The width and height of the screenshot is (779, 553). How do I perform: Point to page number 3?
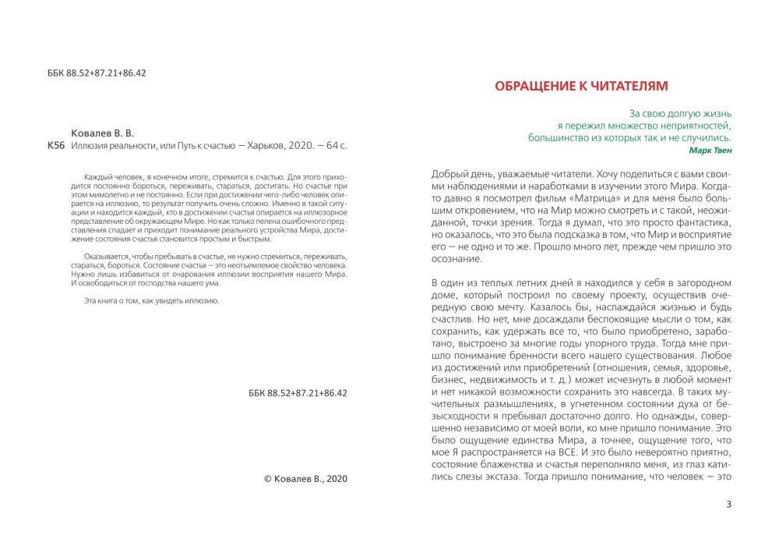click(728, 504)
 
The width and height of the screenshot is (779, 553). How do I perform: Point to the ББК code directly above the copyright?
click(292, 395)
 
